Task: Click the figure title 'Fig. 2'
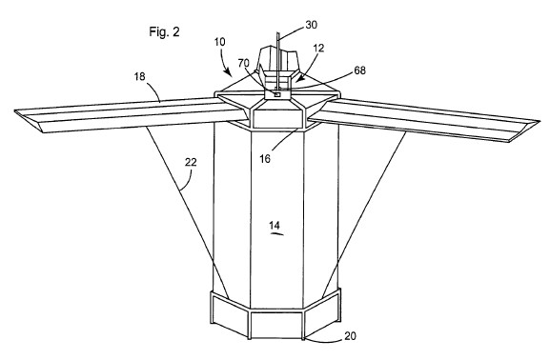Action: click(164, 31)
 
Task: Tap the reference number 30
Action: click(311, 25)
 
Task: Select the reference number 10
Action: click(220, 42)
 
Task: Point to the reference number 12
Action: click(318, 48)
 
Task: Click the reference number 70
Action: click(243, 63)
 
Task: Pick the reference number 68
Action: click(359, 70)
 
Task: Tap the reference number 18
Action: click(139, 76)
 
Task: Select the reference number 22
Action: click(191, 162)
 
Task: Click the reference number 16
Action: click(265, 159)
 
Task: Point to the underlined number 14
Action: click(275, 225)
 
